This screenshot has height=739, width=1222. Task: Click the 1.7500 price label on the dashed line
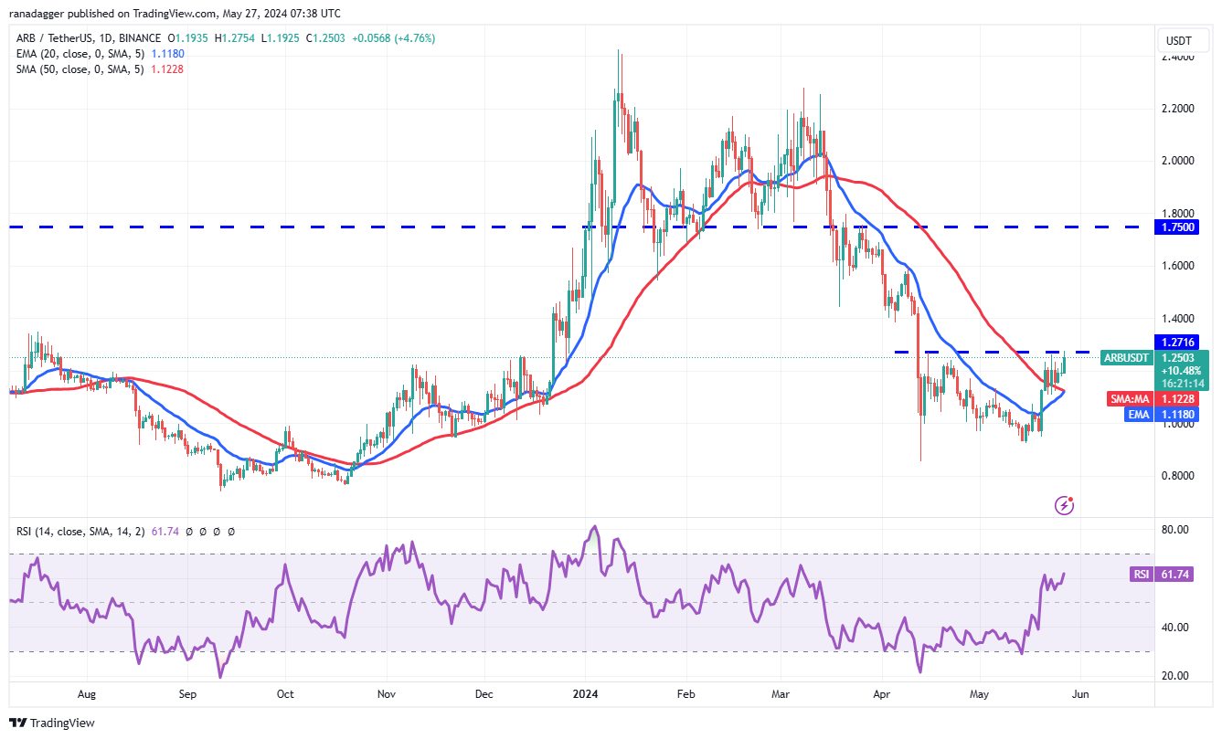(1185, 227)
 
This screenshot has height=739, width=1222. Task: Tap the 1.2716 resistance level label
(1185, 342)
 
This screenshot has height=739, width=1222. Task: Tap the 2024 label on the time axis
(586, 694)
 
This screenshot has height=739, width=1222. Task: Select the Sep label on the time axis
(187, 694)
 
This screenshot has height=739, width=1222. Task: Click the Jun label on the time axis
(1081, 694)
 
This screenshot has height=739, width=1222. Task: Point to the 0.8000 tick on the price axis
(1176, 476)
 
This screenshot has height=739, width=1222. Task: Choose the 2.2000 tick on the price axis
(1176, 108)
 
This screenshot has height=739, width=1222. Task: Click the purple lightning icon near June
(1063, 504)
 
